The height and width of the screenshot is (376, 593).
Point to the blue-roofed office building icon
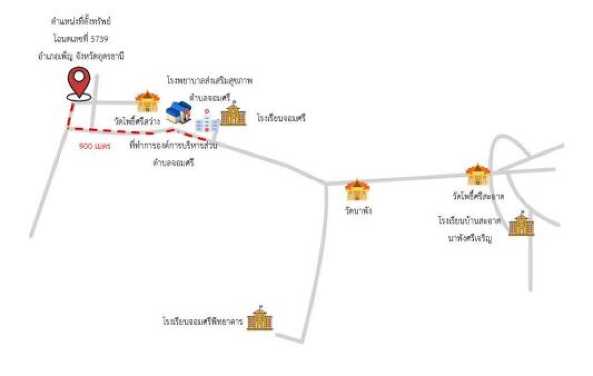[178, 113]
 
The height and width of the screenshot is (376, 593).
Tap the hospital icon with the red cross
[207, 120]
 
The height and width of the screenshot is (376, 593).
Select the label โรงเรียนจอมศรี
[281, 119]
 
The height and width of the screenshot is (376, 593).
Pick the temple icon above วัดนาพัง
[356, 190]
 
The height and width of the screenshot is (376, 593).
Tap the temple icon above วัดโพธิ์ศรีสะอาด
[478, 174]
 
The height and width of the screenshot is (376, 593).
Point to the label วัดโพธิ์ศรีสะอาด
[477, 197]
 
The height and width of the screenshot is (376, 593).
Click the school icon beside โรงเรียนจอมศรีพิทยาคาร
[260, 319]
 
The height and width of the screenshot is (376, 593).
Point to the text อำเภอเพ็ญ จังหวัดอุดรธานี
[81, 56]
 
